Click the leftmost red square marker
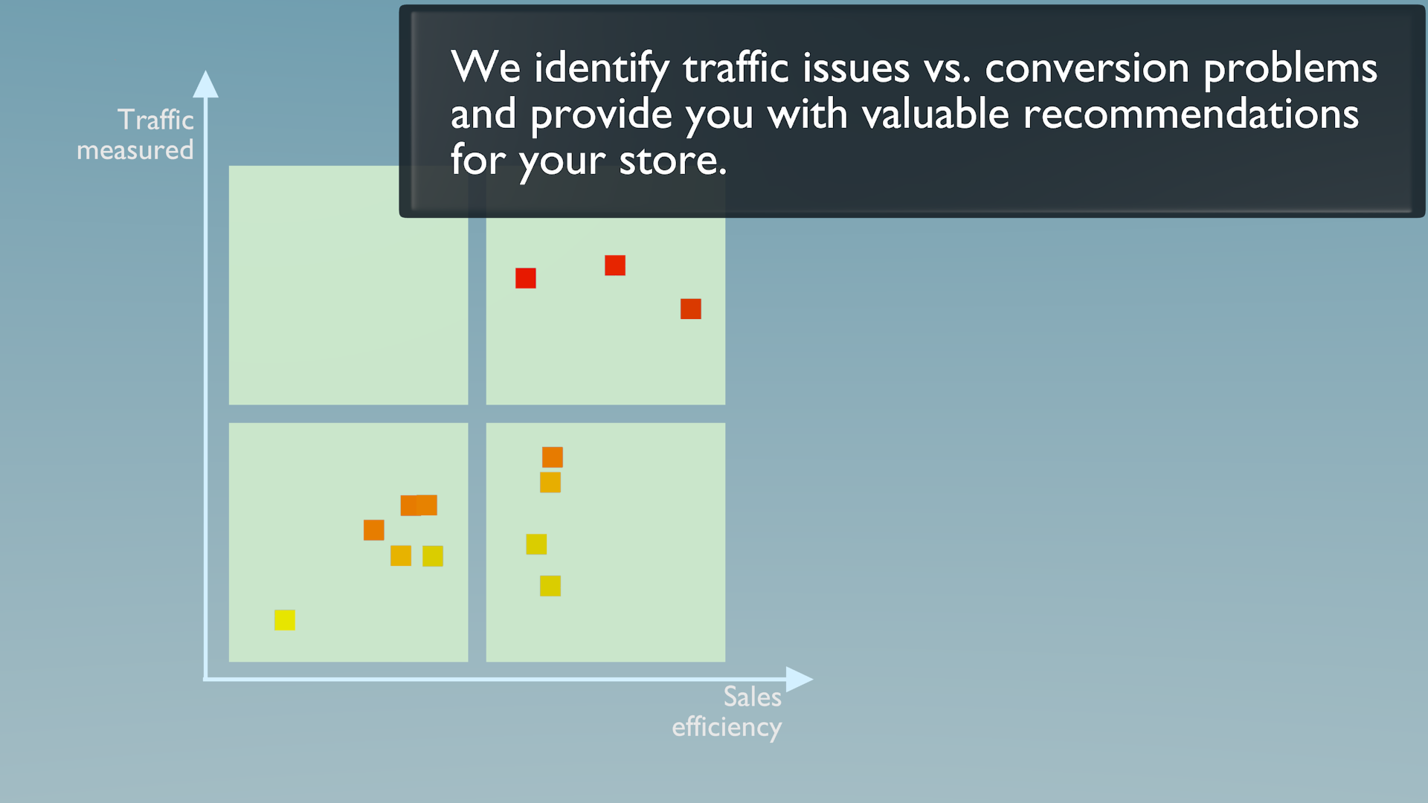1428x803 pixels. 526,278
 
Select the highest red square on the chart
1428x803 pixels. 615,265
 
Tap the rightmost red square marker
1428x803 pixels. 691,309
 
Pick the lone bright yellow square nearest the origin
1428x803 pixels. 285,620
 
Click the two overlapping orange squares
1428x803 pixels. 419,506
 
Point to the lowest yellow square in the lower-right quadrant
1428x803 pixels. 550,586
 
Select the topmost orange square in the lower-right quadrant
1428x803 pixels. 553,457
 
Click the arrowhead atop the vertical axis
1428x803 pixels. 206,84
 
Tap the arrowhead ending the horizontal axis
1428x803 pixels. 800,679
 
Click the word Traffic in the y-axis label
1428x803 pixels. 155,120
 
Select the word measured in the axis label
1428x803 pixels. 135,150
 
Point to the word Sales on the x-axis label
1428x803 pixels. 753,697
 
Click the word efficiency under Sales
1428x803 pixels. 727,727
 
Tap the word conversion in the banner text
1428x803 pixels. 1087,68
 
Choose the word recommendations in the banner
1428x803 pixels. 1191,115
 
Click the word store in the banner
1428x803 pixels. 672,161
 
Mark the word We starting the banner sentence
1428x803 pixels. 486,67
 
